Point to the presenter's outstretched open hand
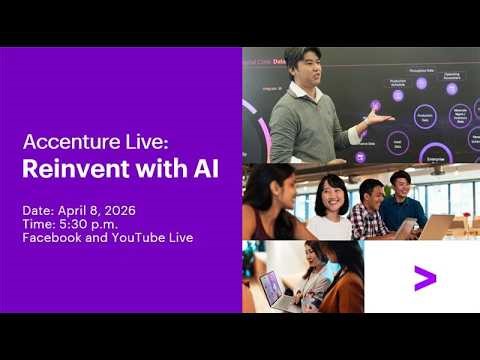377,118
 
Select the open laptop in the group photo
436,226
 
